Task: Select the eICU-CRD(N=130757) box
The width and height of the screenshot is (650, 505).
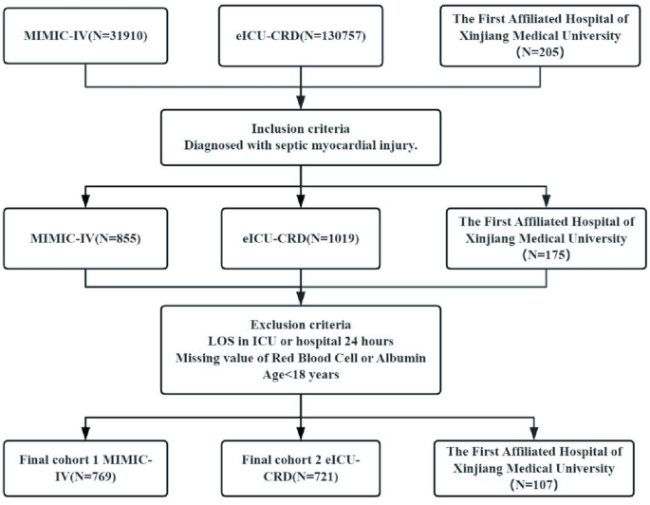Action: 301,41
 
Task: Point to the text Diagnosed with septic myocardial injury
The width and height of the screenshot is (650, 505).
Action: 301,144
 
